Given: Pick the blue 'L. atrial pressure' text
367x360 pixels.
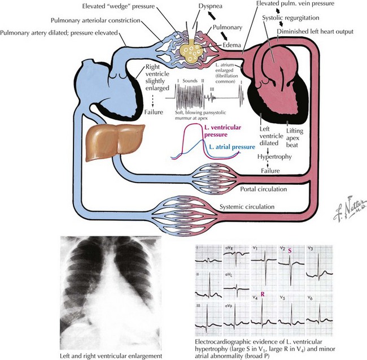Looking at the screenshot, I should tap(231, 146).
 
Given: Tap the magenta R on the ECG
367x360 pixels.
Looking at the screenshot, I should tap(263, 294).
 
